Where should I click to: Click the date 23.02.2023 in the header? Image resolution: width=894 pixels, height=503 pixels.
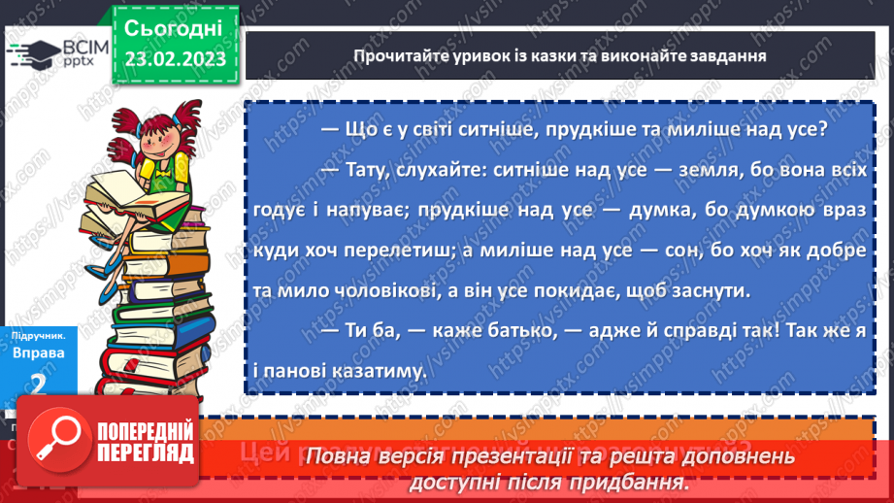pyautogui.click(x=175, y=57)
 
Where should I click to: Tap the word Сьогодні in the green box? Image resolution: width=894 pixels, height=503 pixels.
pyautogui.click(x=174, y=26)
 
